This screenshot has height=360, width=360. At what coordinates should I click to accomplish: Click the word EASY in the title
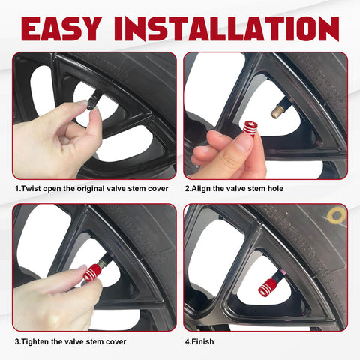pos(61,28)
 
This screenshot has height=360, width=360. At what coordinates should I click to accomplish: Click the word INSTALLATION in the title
pos(226,28)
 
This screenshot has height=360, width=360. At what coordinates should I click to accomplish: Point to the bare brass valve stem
pos(278,111)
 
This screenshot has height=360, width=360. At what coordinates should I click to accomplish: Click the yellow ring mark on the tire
pos(337,216)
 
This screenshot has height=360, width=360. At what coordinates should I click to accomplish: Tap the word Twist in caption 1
pos(31,188)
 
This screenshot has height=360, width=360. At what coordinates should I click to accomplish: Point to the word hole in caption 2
pos(275,188)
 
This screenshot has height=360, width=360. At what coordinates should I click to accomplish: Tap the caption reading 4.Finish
pos(199,341)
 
